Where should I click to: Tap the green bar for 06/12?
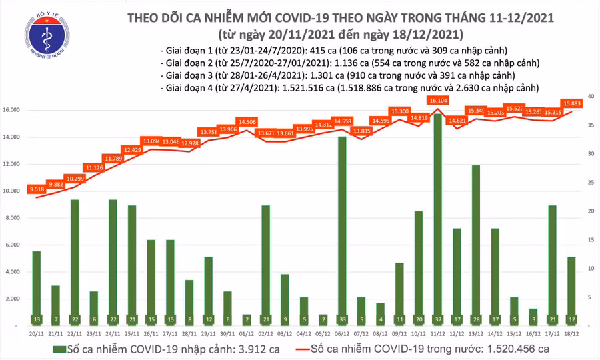[x=342, y=231]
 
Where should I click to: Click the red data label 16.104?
[x=438, y=100]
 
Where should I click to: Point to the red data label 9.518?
[x=36, y=190]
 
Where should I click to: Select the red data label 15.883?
[x=573, y=103]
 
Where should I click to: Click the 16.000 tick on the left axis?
[x=16, y=110]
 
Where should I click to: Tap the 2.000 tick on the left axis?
[x=18, y=299]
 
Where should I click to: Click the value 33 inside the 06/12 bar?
[x=342, y=319]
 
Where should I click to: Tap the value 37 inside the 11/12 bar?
[x=437, y=319]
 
